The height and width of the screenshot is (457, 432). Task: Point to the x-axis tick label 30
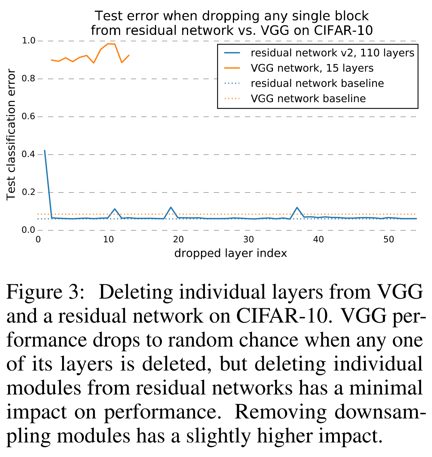tap(249, 240)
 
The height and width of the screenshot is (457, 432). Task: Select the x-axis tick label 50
tap(389, 240)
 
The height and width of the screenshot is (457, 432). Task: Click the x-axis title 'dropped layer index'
tap(231, 254)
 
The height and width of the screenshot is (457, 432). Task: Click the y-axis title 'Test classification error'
tap(11, 135)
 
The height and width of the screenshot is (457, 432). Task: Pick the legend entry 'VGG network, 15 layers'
tap(312, 68)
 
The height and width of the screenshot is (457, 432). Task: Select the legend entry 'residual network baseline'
tap(317, 84)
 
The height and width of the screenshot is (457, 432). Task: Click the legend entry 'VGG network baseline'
tap(308, 99)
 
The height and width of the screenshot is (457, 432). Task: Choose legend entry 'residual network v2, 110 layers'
tap(332, 53)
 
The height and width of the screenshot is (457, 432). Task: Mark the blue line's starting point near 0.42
tap(45, 150)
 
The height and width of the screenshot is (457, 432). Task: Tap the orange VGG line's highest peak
tap(111, 44)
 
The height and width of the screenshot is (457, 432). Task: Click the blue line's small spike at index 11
tap(115, 209)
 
